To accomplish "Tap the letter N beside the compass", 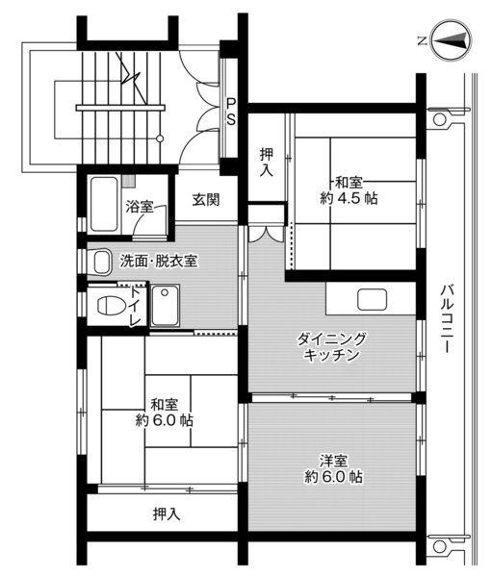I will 422,40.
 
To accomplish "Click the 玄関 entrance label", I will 205,200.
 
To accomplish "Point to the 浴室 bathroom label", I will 140,206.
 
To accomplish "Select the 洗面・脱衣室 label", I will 159,261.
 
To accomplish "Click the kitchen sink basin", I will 372,299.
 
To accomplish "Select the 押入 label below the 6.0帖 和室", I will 167,514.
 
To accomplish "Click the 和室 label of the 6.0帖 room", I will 163,404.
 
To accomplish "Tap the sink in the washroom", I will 101,261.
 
